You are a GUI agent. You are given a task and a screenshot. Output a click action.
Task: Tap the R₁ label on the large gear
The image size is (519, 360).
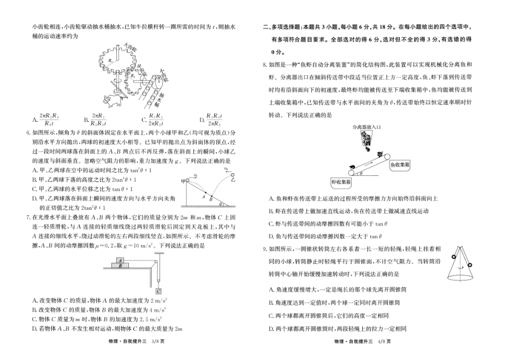pos(110,61)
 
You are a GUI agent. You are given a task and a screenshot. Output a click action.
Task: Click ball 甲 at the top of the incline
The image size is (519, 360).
pos(183,180)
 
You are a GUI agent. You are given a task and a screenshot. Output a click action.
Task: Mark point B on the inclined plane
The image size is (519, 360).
pos(209,200)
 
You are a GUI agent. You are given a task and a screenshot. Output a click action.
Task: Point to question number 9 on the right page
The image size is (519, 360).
pos(265,249)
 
